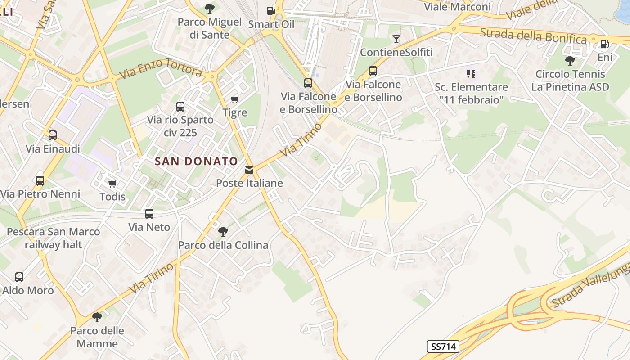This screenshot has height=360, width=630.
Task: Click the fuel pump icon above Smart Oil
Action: (271, 10)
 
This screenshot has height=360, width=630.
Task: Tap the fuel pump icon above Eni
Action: (605, 44)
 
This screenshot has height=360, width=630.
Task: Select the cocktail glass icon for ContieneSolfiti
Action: (396, 39)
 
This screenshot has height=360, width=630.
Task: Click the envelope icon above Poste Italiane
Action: (249, 170)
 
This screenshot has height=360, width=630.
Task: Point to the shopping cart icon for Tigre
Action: (234, 99)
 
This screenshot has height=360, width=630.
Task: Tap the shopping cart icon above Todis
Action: (112, 184)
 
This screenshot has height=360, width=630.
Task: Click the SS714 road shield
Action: (443, 346)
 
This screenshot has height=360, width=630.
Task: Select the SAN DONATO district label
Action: (196, 161)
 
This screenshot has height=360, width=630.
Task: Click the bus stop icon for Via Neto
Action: (149, 214)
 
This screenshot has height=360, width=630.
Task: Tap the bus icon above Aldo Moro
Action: (19, 277)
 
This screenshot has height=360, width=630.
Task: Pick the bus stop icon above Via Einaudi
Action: (53, 135)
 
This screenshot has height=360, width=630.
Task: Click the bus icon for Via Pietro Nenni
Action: (40, 181)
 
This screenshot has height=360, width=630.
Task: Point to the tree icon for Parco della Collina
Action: (223, 232)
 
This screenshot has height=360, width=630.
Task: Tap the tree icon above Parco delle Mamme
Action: (97, 317)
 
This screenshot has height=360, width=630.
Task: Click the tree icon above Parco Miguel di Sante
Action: (209, 9)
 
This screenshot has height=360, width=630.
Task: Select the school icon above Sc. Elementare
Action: (471, 73)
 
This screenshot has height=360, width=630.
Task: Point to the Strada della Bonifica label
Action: (533, 36)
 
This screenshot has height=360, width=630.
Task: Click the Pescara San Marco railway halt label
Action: (54, 238)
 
